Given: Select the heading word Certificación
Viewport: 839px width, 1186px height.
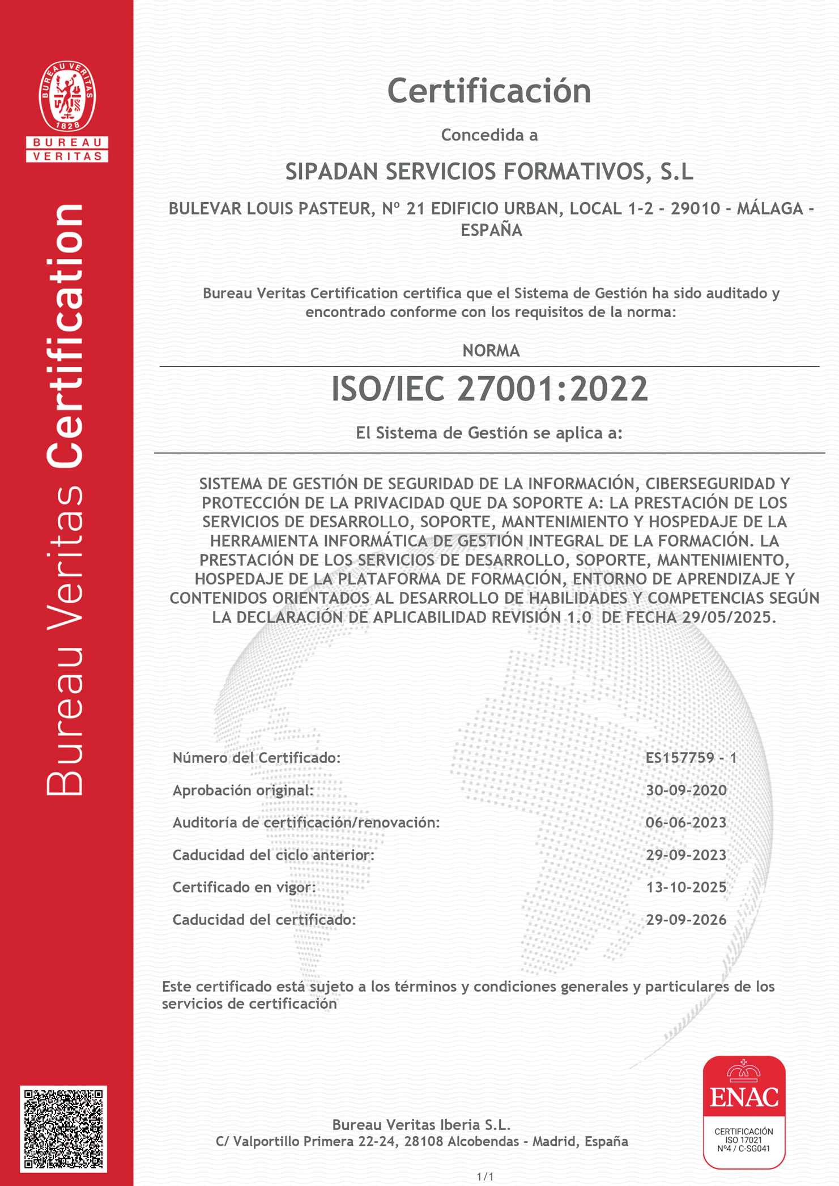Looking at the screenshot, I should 489,91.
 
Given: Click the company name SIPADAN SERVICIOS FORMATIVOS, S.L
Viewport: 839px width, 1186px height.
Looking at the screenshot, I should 489,172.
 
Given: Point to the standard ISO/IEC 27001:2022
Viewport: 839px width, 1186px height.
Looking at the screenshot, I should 489,389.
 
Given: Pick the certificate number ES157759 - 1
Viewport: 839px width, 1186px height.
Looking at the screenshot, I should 691,758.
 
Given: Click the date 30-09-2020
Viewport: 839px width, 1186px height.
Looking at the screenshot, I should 686,790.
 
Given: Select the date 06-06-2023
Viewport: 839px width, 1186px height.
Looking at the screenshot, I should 686,822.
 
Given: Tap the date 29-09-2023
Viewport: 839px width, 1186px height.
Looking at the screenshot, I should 686,855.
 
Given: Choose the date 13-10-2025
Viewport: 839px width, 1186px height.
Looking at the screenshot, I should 686,887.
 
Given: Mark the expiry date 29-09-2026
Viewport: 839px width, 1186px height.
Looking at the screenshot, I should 686,920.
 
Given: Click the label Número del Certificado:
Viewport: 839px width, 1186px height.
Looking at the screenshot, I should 257,758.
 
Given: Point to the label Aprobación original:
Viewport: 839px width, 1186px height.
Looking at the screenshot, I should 243,790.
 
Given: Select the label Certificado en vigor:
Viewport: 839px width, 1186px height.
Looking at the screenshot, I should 244,887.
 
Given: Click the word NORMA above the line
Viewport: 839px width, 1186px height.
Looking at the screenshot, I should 491,351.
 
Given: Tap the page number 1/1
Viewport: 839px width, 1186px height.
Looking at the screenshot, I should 485,1177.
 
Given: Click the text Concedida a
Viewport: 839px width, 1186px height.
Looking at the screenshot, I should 489,135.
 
